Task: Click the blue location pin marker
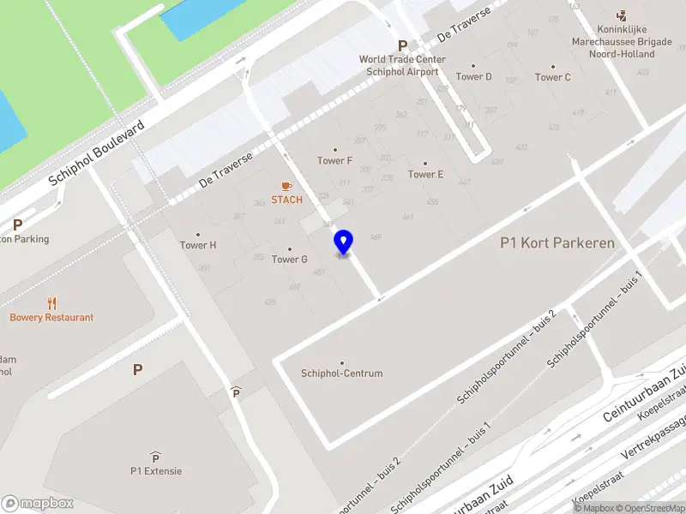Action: click(344, 242)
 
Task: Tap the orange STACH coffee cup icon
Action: click(286, 186)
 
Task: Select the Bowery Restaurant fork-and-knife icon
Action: click(51, 303)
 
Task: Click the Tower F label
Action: click(334, 160)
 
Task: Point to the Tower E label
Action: click(425, 174)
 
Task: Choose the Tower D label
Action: click(473, 76)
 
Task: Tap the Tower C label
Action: click(552, 77)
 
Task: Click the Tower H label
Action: click(198, 245)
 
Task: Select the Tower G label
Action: click(289, 259)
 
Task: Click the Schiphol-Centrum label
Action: click(341, 374)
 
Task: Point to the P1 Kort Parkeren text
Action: click(557, 243)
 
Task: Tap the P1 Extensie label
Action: click(156, 470)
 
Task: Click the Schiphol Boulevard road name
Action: click(96, 152)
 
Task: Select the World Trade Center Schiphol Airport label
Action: click(402, 65)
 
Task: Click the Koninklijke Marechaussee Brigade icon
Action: click(622, 16)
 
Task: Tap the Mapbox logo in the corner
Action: click(37, 504)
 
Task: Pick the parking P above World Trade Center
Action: click(401, 45)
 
